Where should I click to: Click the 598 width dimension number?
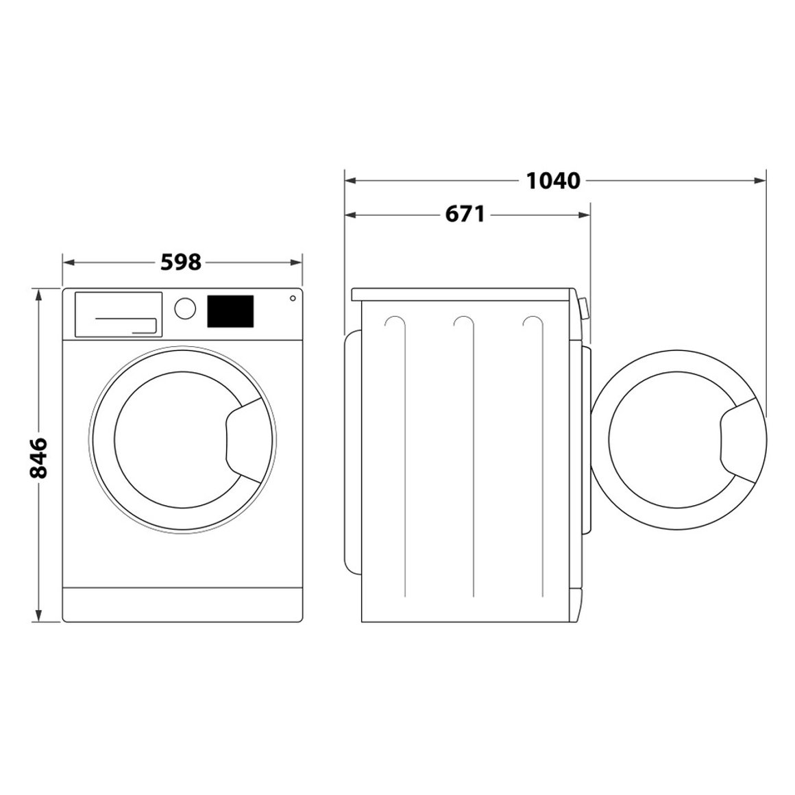click(181, 262)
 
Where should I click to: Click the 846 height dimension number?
click(38, 457)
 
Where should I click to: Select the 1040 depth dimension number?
click(553, 181)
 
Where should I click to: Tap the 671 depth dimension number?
click(465, 215)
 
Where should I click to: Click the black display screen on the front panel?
click(230, 311)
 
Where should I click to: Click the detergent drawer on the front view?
click(118, 314)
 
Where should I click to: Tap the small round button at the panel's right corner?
click(293, 298)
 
